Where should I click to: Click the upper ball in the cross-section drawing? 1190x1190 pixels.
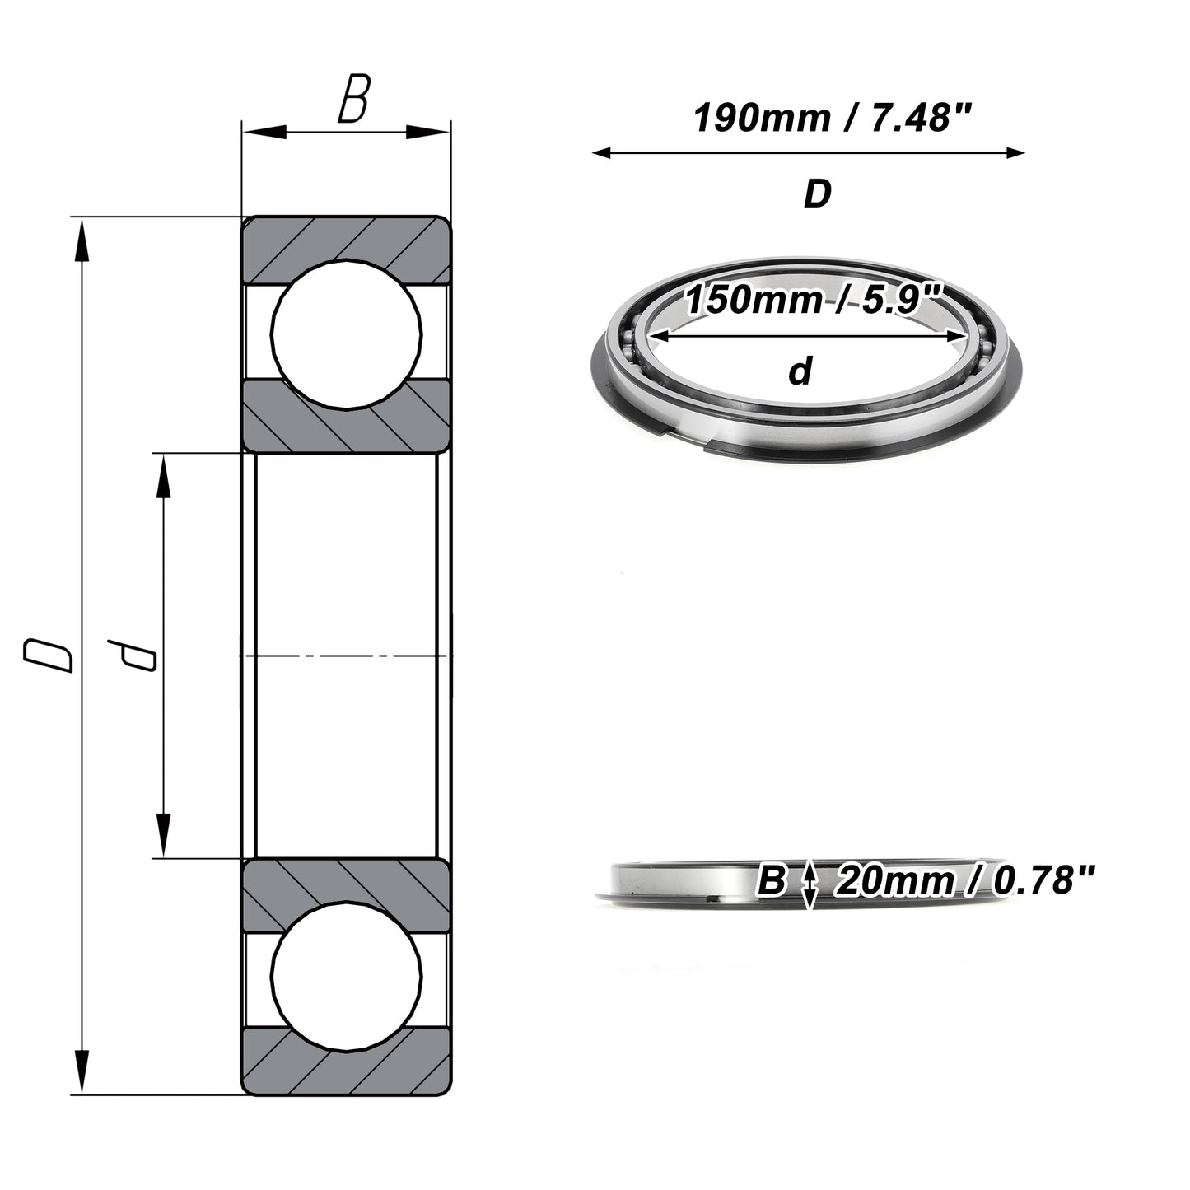click(x=347, y=334)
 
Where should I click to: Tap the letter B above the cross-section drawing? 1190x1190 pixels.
click(x=354, y=98)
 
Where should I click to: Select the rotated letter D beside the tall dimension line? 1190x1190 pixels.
click(x=48, y=656)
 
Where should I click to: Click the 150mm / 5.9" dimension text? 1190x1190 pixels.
click(x=813, y=300)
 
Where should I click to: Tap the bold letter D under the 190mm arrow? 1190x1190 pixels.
click(x=817, y=194)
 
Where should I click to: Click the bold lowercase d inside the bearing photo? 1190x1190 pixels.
click(x=800, y=371)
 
